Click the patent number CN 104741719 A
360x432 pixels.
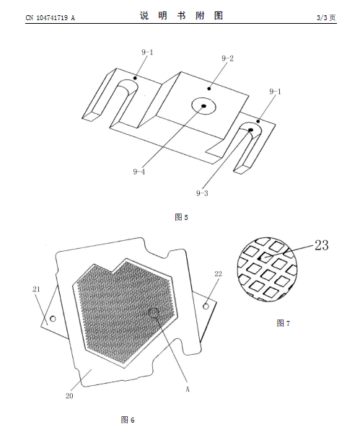[51, 18]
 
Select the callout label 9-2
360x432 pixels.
[227, 58]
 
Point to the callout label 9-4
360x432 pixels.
[139, 172]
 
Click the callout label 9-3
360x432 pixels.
[202, 193]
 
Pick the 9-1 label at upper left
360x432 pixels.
[147, 52]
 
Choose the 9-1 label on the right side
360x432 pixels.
[275, 92]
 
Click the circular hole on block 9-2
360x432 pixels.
[203, 106]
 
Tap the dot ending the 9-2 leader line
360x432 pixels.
[209, 89]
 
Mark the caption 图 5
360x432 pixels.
[181, 217]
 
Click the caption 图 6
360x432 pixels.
[128, 420]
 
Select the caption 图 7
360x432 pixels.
[284, 323]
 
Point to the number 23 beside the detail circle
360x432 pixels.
[322, 245]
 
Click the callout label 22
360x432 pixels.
[218, 274]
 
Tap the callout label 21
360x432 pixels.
[36, 289]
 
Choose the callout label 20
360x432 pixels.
[69, 396]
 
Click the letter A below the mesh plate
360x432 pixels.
[188, 389]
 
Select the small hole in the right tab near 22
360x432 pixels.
[206, 306]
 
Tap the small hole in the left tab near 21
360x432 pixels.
[53, 319]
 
